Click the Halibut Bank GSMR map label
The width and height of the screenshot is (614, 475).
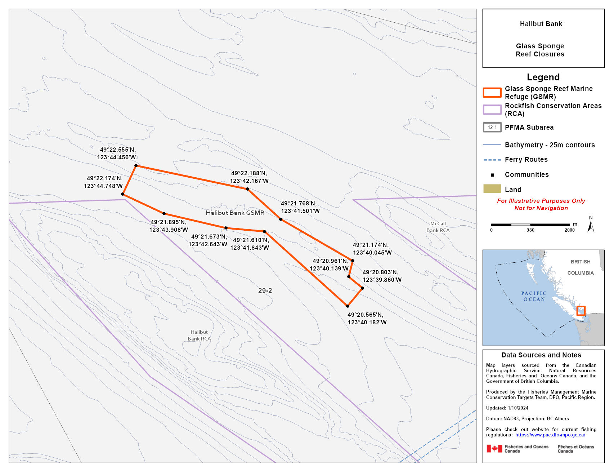click(235, 213)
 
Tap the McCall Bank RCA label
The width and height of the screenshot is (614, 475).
click(438, 227)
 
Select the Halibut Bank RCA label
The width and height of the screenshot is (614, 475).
click(199, 336)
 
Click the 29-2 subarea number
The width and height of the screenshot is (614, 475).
click(265, 290)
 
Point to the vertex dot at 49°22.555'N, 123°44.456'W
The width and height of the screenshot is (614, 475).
click(136, 166)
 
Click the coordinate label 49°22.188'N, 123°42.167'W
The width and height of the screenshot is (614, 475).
click(249, 177)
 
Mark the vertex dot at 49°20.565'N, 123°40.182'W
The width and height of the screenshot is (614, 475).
click(348, 306)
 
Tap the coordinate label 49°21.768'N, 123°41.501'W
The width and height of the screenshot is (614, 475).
click(300, 207)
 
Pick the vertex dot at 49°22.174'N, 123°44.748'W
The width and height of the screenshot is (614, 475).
click(123, 194)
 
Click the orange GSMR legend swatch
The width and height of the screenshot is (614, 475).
click(492, 93)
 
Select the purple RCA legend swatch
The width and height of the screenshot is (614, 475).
click(492, 110)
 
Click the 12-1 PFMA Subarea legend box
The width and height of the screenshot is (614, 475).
click(492, 127)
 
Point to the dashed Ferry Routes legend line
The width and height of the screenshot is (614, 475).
click(492, 160)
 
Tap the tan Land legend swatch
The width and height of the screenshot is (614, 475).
click(492, 189)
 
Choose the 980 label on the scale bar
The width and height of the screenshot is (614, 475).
click(530, 230)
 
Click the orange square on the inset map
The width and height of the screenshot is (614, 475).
click(581, 311)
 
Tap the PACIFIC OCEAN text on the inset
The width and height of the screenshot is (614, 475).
click(534, 296)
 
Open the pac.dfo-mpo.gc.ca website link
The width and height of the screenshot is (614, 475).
click(550, 435)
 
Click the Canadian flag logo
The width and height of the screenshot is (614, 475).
click(494, 449)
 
